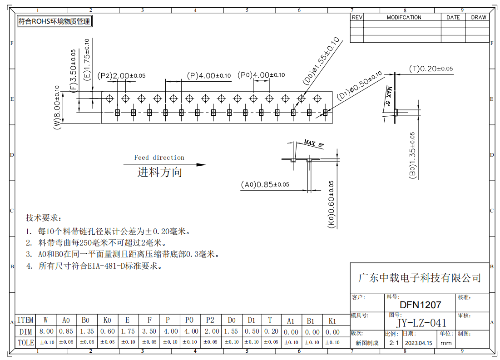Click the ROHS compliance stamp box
(54, 21)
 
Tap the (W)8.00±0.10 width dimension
(57, 107)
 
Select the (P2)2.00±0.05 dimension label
(121, 76)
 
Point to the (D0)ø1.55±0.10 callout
(321, 60)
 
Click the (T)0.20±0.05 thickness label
(431, 69)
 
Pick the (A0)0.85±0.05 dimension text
(265, 185)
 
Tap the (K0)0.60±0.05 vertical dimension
(332, 204)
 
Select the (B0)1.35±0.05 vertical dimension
(412, 155)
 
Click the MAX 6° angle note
(314, 143)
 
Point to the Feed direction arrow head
(201, 165)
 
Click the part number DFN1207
(420, 305)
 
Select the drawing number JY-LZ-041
(421, 323)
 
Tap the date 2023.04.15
(418, 343)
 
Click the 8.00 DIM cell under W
(46, 331)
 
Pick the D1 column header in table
(251, 320)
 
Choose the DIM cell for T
(271, 331)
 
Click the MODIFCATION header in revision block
(404, 17)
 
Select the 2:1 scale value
(394, 343)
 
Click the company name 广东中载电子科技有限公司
(420, 278)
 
